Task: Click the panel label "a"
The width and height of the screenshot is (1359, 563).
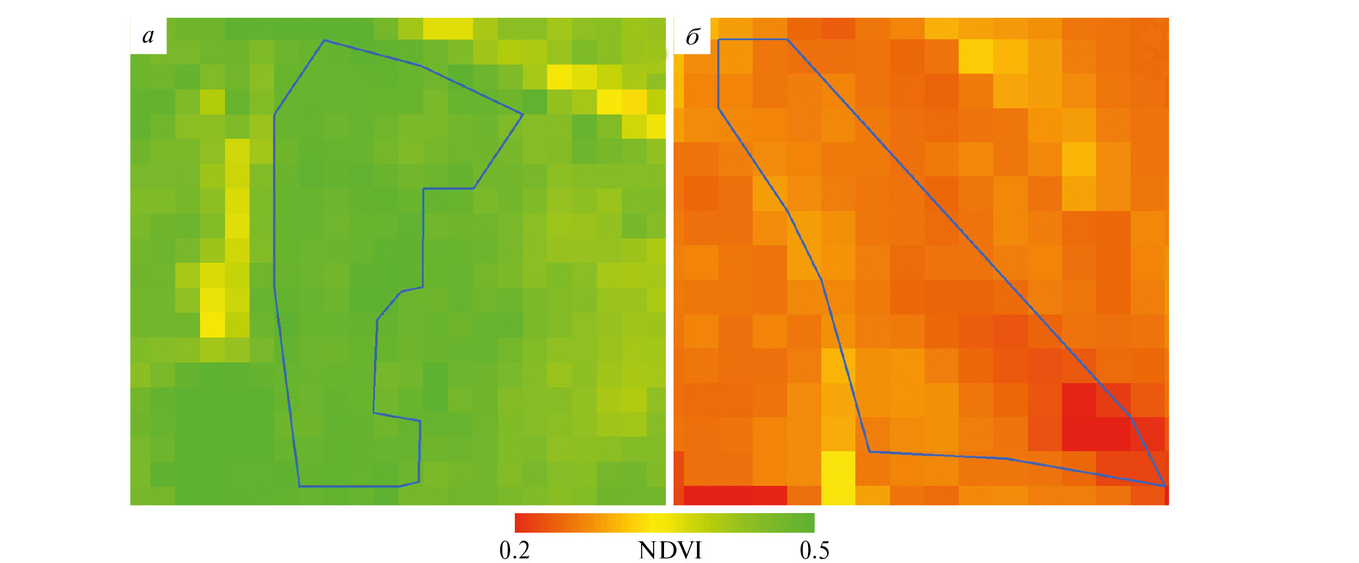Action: click(x=149, y=36)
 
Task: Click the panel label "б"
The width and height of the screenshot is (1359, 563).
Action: click(x=692, y=37)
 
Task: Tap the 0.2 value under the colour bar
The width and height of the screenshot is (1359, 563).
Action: click(x=515, y=550)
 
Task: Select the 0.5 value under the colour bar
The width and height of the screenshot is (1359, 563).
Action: click(x=814, y=550)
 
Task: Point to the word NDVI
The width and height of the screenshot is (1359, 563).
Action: click(x=670, y=550)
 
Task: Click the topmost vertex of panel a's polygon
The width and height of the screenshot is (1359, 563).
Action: click(x=324, y=41)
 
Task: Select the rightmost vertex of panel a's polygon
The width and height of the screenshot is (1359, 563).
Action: click(x=523, y=115)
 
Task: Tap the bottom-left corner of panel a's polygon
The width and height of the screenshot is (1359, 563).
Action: click(x=299, y=486)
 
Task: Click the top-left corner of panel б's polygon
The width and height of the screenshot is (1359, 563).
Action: click(x=719, y=40)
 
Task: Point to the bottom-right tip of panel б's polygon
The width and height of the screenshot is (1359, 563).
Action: click(x=1164, y=486)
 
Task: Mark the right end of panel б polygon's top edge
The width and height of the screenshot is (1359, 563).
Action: click(x=787, y=40)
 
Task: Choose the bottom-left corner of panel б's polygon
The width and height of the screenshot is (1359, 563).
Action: click(x=869, y=452)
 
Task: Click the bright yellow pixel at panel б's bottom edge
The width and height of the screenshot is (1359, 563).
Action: click(x=838, y=477)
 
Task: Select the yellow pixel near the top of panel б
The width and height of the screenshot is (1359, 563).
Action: click(x=976, y=57)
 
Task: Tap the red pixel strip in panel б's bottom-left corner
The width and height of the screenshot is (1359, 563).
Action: click(x=735, y=495)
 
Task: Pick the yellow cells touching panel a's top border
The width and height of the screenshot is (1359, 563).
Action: click(x=448, y=28)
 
